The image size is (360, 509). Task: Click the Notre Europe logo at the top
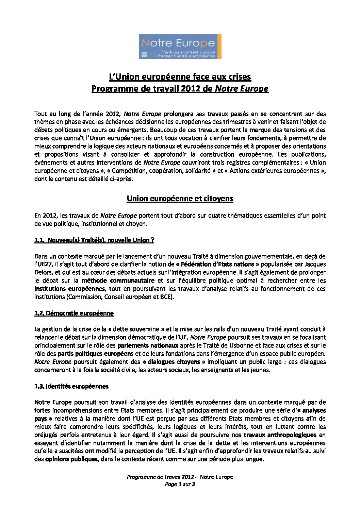180,46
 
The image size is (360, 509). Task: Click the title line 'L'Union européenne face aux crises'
180,77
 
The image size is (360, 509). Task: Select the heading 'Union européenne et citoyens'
180,199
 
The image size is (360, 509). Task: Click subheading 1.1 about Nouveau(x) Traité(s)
94,240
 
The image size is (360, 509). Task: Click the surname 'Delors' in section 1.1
43,272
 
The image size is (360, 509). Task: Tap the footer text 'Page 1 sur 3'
180,484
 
